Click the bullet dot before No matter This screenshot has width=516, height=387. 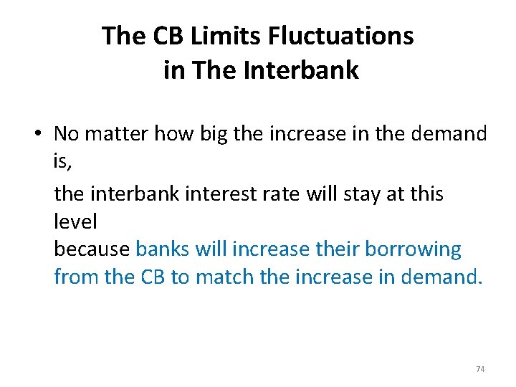(x=43, y=134)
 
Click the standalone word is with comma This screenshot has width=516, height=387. (x=62, y=162)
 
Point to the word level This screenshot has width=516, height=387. (x=75, y=221)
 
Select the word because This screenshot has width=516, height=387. (x=92, y=249)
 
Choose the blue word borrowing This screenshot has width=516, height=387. (x=414, y=249)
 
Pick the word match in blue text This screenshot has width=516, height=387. (x=225, y=277)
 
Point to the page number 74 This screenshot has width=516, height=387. (x=480, y=369)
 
